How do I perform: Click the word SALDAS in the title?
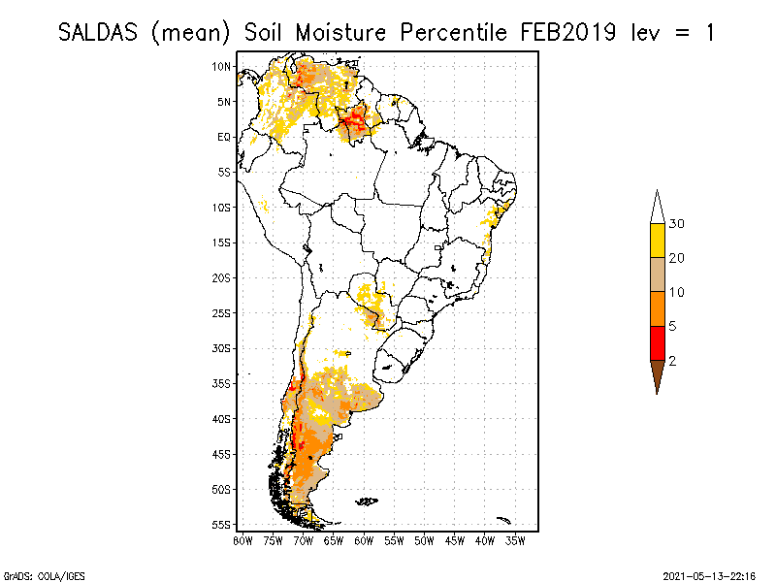click(x=101, y=32)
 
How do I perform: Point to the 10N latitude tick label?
click(x=222, y=66)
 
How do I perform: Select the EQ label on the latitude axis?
click(x=223, y=137)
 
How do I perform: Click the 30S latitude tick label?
click(x=222, y=347)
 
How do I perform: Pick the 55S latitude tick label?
click(x=222, y=524)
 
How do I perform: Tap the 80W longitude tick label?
click(x=242, y=539)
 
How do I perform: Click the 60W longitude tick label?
click(x=364, y=539)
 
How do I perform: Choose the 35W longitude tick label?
click(x=516, y=539)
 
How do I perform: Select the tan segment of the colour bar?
click(x=657, y=275)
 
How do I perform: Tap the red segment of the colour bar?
click(x=657, y=342)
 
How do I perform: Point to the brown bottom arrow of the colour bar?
click(x=657, y=374)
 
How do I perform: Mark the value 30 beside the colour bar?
click(x=677, y=224)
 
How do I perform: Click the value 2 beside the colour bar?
click(x=672, y=360)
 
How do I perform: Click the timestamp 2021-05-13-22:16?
click(x=708, y=573)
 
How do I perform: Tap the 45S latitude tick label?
click(x=222, y=453)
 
